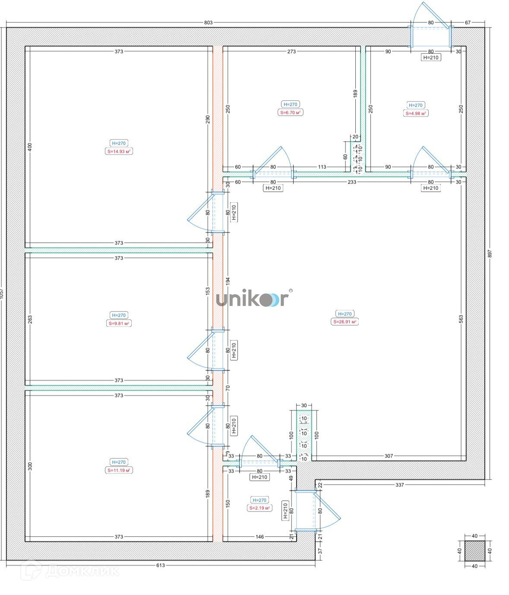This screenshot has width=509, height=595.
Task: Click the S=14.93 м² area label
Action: point(119,151)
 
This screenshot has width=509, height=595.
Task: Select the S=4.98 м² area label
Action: point(416,113)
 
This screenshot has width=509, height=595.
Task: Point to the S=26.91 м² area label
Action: point(345,321)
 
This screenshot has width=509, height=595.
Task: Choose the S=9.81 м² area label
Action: point(119,323)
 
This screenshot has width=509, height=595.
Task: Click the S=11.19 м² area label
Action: point(119,470)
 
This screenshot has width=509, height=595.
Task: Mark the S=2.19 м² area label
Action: point(259,508)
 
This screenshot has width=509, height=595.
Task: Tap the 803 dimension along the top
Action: point(208,22)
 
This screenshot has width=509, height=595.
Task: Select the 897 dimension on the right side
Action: point(490,254)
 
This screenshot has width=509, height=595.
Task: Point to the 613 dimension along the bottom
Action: point(160,565)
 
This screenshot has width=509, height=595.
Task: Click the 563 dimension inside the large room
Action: point(461,319)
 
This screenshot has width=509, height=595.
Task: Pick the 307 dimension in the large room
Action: point(389,456)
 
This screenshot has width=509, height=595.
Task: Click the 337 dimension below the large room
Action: point(399,485)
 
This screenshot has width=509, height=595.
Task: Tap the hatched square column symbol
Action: point(474,551)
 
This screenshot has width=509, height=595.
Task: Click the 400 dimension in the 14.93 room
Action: point(30,147)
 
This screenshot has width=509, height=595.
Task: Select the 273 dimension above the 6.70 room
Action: point(291,51)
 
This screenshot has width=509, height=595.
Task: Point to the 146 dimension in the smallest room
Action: point(259,537)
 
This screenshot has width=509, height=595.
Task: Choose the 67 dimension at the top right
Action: point(467,22)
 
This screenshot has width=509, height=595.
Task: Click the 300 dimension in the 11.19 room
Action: point(30,466)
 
